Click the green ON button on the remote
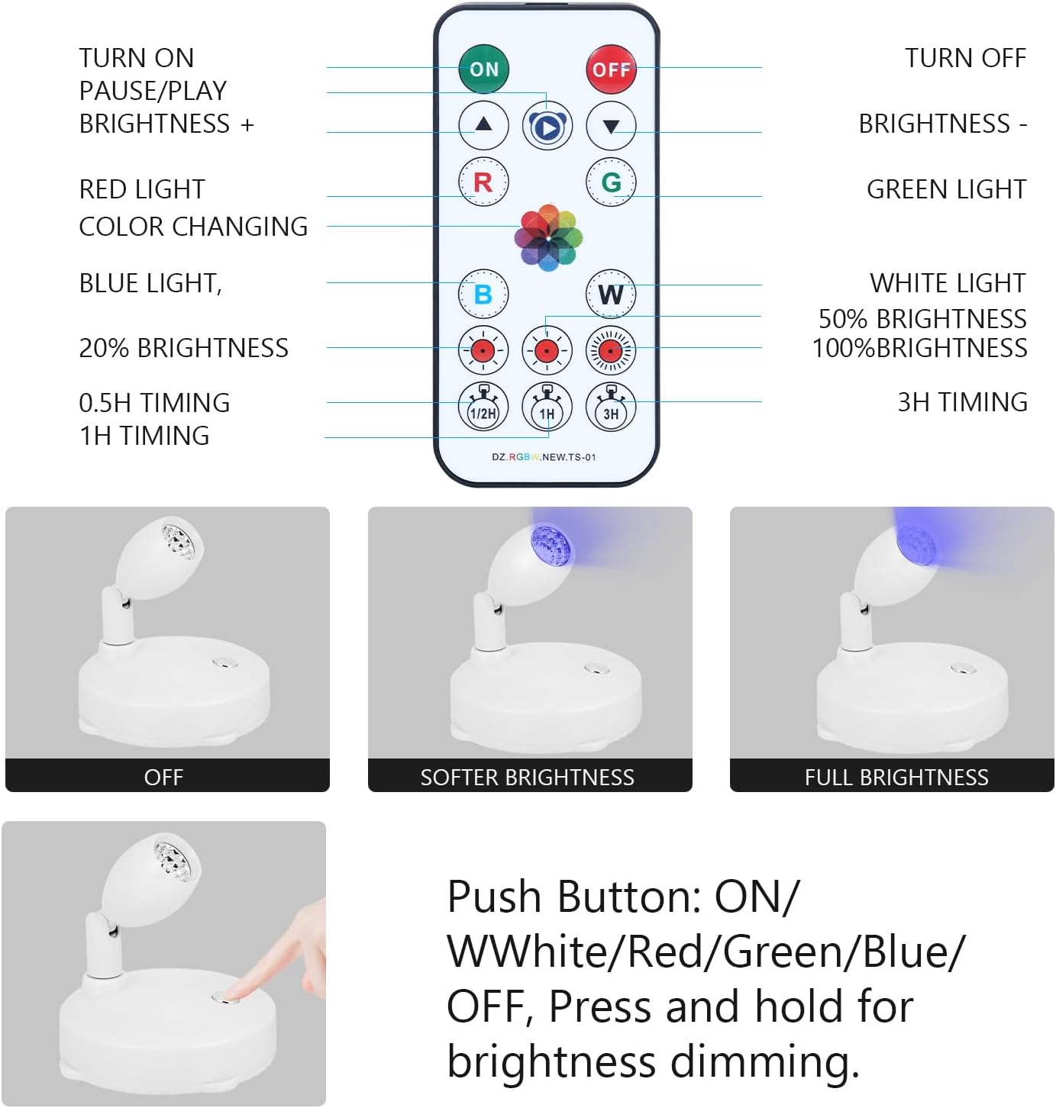[483, 69]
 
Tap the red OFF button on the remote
[611, 69]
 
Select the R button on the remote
[483, 182]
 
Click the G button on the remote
[611, 182]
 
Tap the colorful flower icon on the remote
[547, 237]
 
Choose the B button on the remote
[483, 294]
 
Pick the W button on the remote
[611, 294]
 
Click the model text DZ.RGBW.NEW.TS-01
[544, 457]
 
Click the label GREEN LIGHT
[946, 189]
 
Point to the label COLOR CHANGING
[193, 227]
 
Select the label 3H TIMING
[962, 402]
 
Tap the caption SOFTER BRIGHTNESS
[527, 777]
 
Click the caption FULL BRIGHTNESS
[896, 777]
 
